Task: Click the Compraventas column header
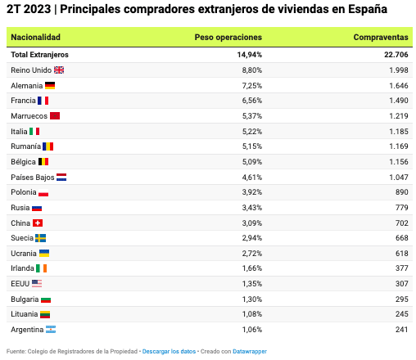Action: pyautogui.click(x=381, y=37)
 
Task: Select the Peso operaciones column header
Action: pyautogui.click(x=228, y=38)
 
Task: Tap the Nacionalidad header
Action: pyautogui.click(x=35, y=37)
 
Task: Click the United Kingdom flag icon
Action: pyautogui.click(x=59, y=70)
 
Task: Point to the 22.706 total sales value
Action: pyautogui.click(x=396, y=55)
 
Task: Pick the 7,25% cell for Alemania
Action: pyautogui.click(x=252, y=86)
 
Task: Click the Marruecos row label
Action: pyautogui.click(x=29, y=116)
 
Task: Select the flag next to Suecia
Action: pyautogui.click(x=41, y=238)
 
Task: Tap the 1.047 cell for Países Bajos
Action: pyautogui.click(x=399, y=178)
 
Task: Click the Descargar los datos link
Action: pyautogui.click(x=169, y=351)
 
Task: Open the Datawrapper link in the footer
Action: pyautogui.click(x=250, y=351)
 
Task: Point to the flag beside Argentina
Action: pyautogui.click(x=51, y=330)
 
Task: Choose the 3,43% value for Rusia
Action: pyautogui.click(x=252, y=208)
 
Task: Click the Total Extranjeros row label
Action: pyautogui.click(x=39, y=55)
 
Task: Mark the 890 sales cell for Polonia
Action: pyautogui.click(x=402, y=192)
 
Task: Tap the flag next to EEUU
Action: pyautogui.click(x=37, y=284)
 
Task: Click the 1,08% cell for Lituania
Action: pyautogui.click(x=252, y=314)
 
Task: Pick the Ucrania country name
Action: pyautogui.click(x=24, y=254)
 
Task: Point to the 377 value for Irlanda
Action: pyautogui.click(x=402, y=268)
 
